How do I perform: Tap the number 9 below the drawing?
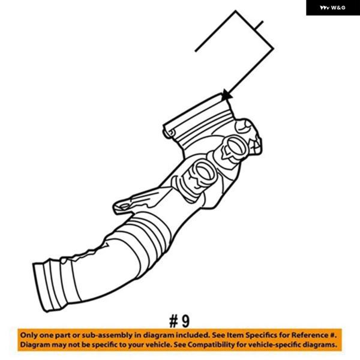tap(185, 322)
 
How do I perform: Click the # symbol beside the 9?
tap(173, 322)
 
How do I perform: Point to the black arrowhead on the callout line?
tap(226, 95)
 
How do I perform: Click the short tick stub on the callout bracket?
tap(259, 26)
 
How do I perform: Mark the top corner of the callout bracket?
tap(235, 11)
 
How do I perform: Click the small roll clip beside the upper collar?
tap(168, 133)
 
